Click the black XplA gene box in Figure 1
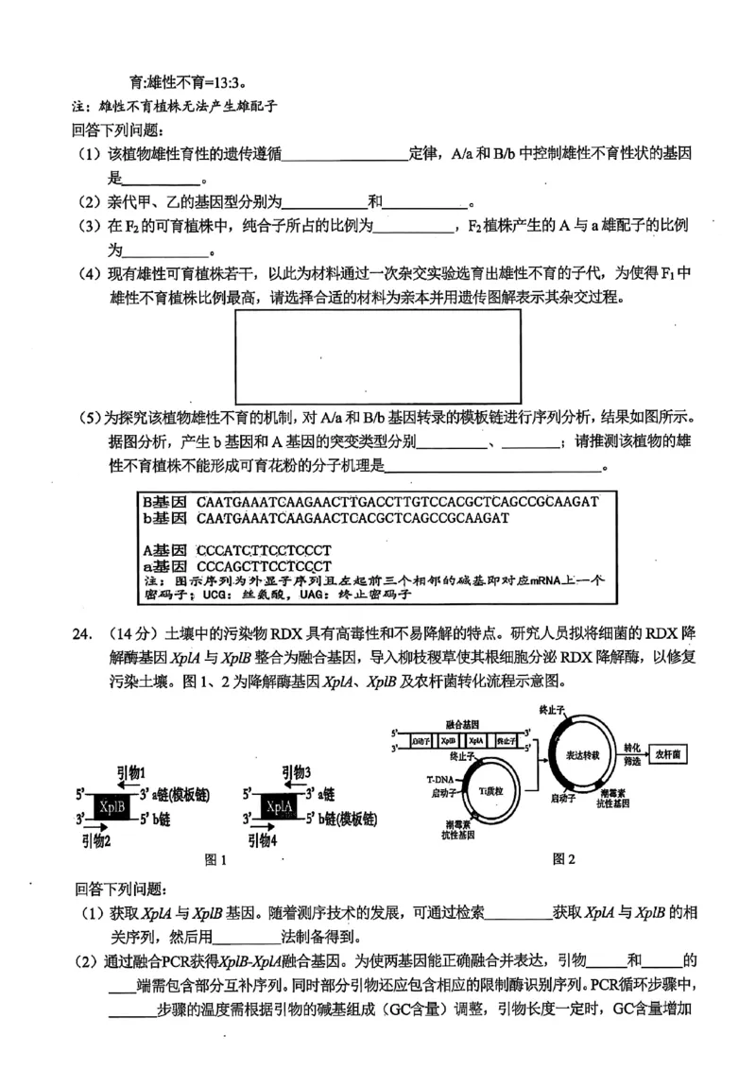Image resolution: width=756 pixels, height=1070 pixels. pos(279,805)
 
